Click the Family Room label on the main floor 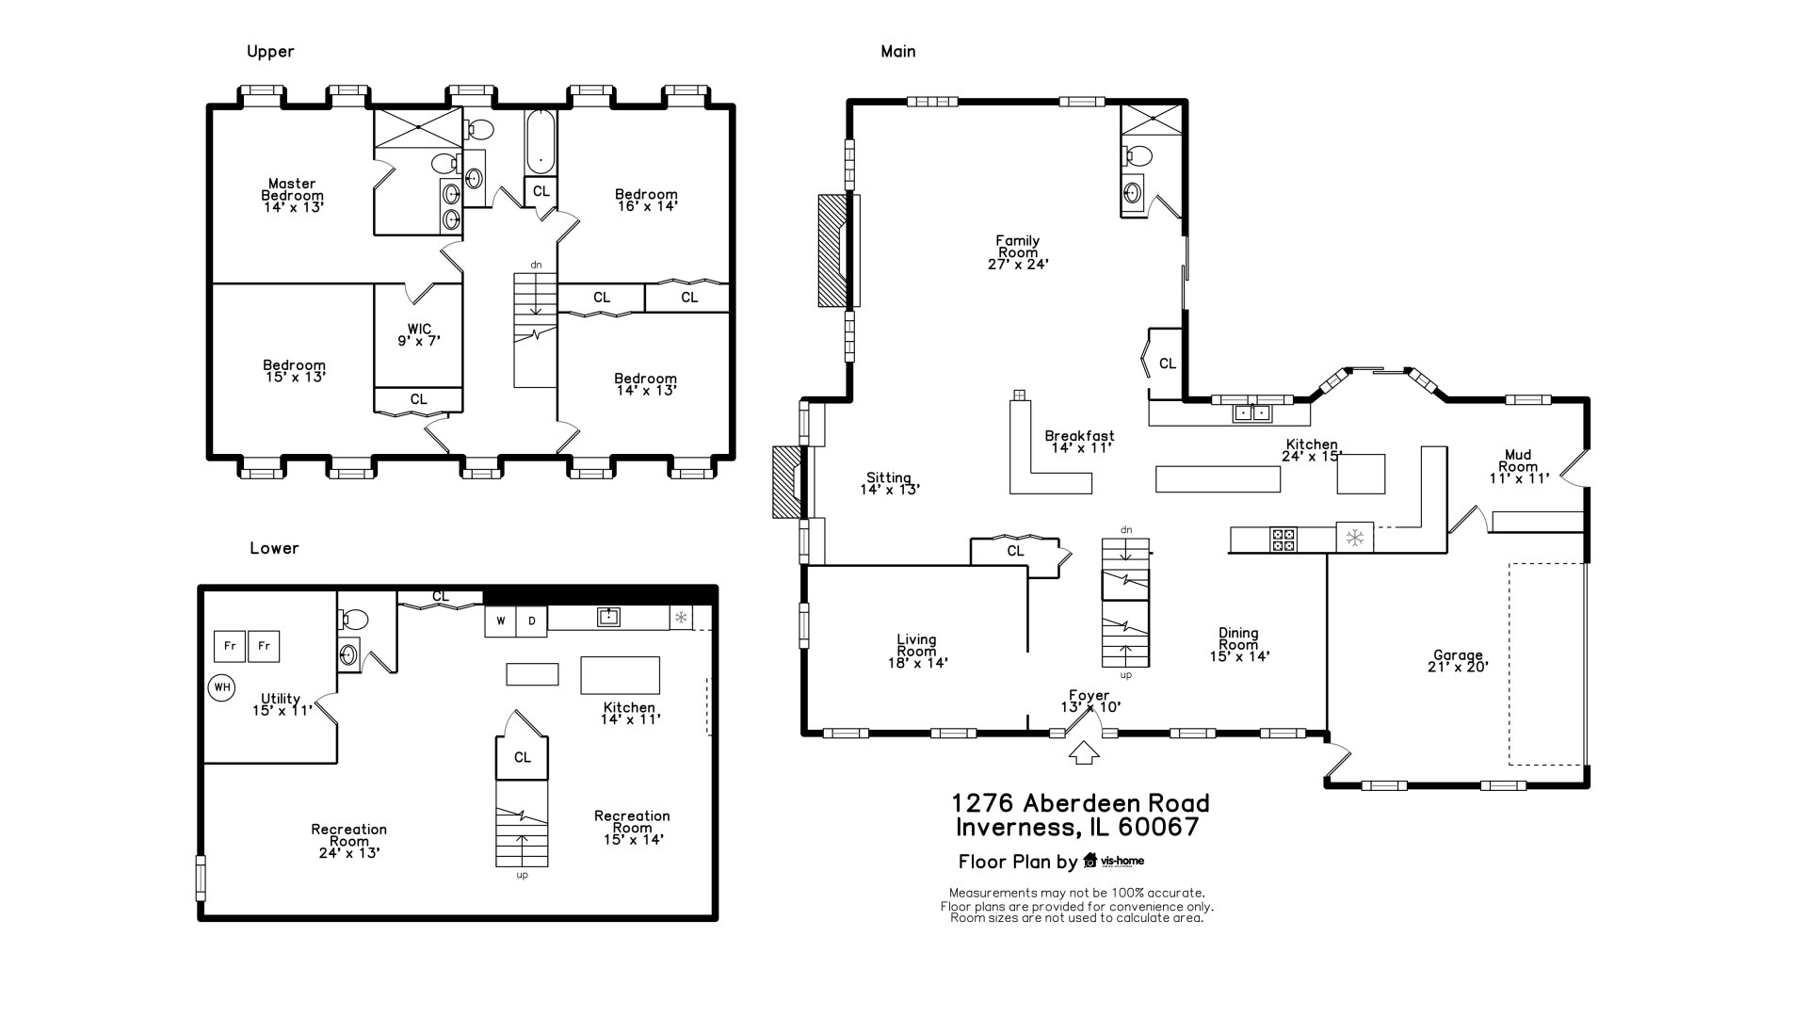tap(1018, 252)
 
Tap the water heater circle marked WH tap(221, 687)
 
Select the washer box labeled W tap(501, 621)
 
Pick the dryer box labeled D tap(532, 621)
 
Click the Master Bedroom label tap(293, 195)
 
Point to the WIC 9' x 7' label tap(419, 335)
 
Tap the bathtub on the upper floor tap(541, 142)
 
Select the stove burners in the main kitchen tap(1283, 539)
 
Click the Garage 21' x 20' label tap(1458, 661)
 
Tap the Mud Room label tap(1519, 466)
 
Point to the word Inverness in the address tap(1015, 828)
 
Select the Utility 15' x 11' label tap(282, 704)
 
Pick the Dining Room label tap(1239, 645)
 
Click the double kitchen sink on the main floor tap(1252, 412)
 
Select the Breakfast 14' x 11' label tap(1080, 442)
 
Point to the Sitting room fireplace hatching tap(784, 482)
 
